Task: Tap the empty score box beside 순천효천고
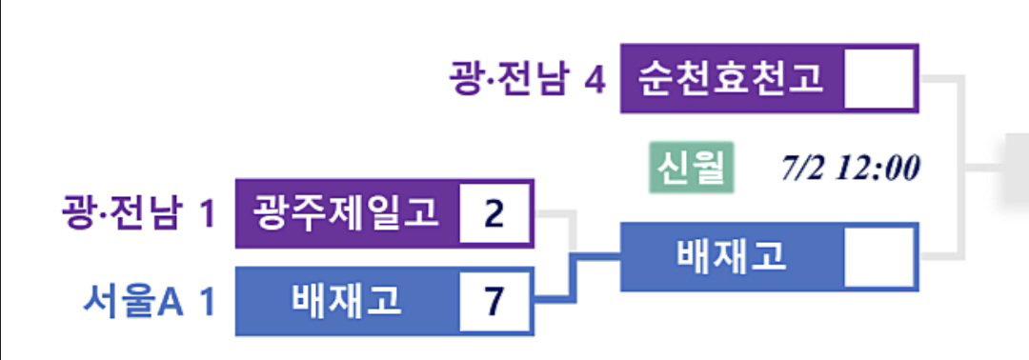tap(878, 78)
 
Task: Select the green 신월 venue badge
tap(692, 168)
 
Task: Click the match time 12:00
tap(877, 169)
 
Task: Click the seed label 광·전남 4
tap(527, 79)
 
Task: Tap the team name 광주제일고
tap(345, 212)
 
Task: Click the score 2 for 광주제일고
tap(494, 213)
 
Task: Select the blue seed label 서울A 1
tap(150, 302)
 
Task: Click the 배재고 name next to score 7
tap(345, 301)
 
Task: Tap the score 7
tap(494, 302)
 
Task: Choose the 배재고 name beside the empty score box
tap(731, 256)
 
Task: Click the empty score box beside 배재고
tap(878, 256)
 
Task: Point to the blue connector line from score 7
tap(575, 278)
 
